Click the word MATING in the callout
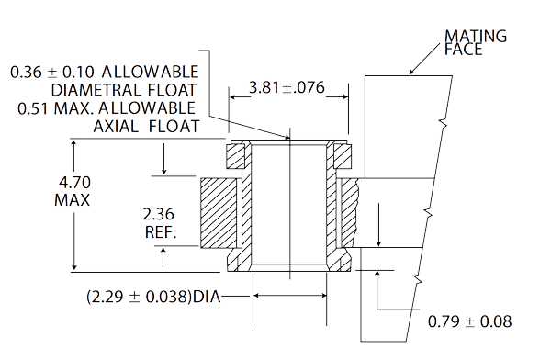point(476,36)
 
